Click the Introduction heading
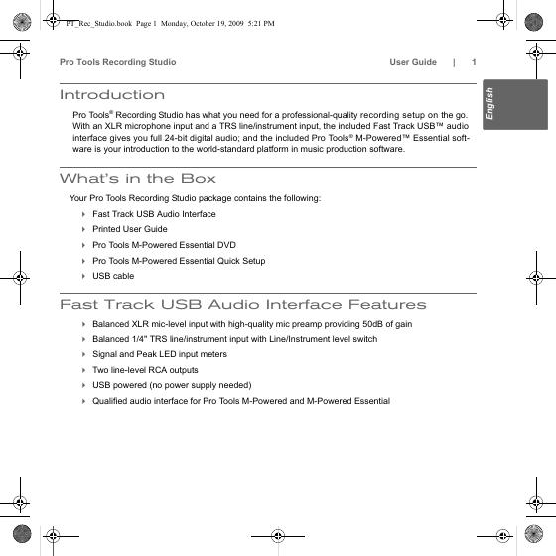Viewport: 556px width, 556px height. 112,95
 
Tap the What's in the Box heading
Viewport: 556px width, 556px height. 138,178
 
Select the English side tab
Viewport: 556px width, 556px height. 515,104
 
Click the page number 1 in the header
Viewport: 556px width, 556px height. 474,62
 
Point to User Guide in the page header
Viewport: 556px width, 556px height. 413,62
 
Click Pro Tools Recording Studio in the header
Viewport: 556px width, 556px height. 118,62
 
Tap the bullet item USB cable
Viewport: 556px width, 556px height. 113,276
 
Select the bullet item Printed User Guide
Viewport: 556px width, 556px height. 130,229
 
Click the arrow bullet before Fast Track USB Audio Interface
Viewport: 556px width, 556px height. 83,214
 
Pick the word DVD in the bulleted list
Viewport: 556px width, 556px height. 227,245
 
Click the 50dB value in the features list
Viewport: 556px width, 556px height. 372,324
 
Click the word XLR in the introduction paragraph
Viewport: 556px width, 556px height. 113,126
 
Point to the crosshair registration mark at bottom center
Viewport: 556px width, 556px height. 278,536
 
